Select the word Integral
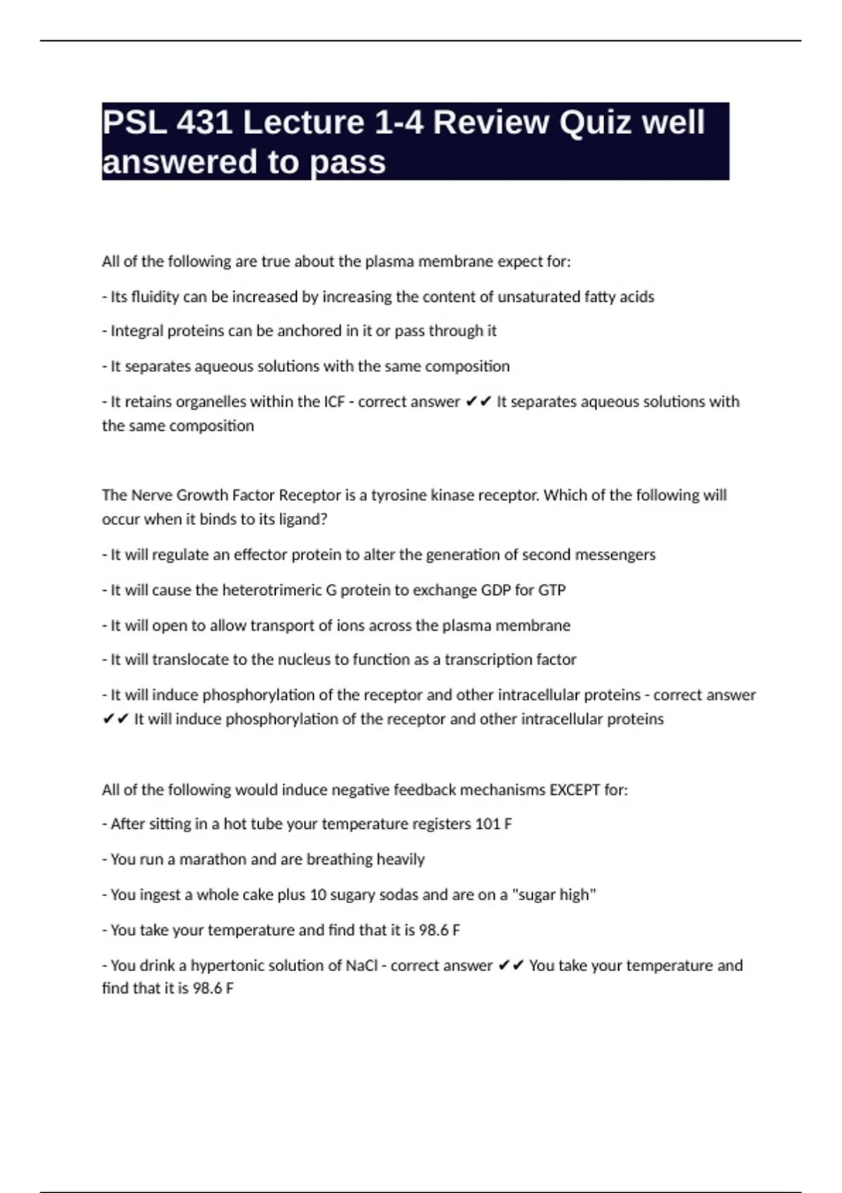137,331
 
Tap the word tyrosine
396,495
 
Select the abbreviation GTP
552,590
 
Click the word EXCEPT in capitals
575,790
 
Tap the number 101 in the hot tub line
488,824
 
